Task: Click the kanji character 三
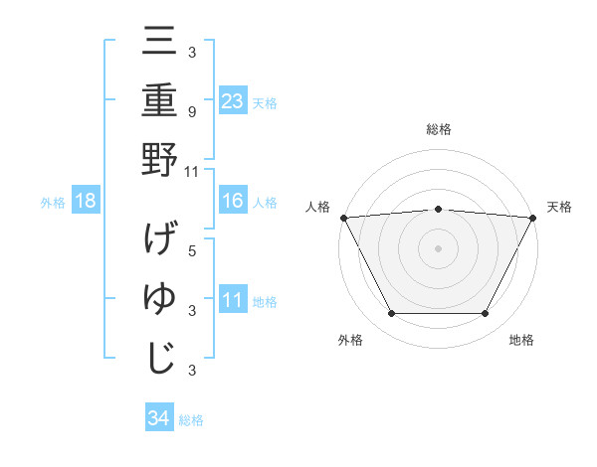(159, 44)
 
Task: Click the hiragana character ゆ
(159, 299)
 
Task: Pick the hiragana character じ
(159, 358)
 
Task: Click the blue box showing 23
(233, 100)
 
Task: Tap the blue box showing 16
(233, 201)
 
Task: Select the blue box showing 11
(233, 300)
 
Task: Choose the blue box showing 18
(86, 202)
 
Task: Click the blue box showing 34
(158, 419)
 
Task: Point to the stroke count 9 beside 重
(192, 112)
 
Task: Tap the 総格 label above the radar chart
(438, 129)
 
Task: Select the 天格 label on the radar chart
(560, 207)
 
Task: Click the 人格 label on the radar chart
(317, 207)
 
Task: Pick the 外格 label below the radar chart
(350, 341)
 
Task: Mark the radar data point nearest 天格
(532, 218)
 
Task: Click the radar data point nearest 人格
(344, 218)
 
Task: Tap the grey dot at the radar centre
(438, 247)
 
